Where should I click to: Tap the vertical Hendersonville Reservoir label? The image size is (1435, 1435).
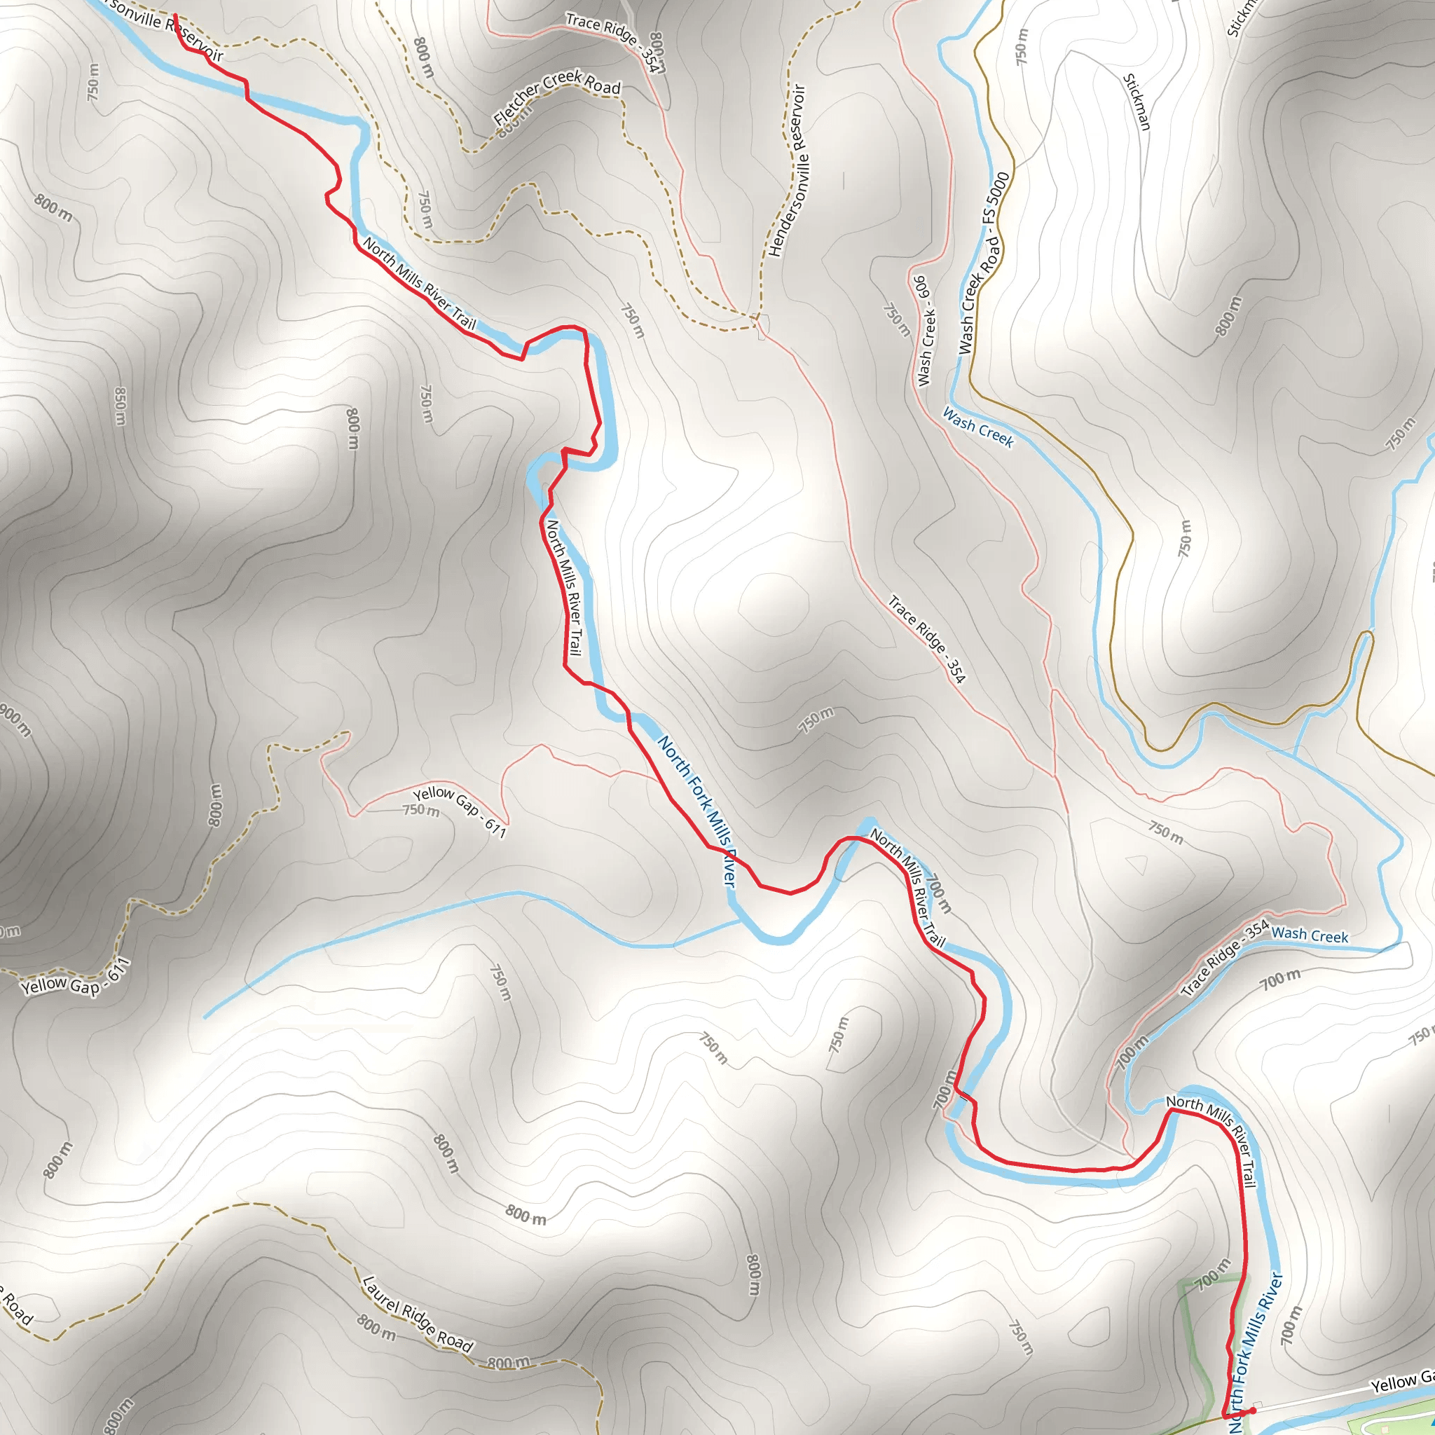tap(788, 171)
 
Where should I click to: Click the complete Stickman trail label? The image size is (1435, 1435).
tap(1137, 102)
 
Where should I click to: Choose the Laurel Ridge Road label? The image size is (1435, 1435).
tap(418, 1314)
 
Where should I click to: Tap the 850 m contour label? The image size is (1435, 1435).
tap(121, 406)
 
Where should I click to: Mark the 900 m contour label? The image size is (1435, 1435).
tap(15, 720)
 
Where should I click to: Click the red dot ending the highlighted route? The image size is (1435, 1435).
tap(1254, 1410)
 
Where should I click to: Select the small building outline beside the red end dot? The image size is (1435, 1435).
tap(1257, 1403)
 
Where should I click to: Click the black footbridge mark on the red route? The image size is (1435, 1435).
tap(965, 1097)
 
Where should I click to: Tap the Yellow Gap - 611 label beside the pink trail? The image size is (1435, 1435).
tap(460, 812)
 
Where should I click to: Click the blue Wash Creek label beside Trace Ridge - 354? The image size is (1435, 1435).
tap(1310, 936)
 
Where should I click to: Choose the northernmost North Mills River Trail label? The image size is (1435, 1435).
tap(420, 283)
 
